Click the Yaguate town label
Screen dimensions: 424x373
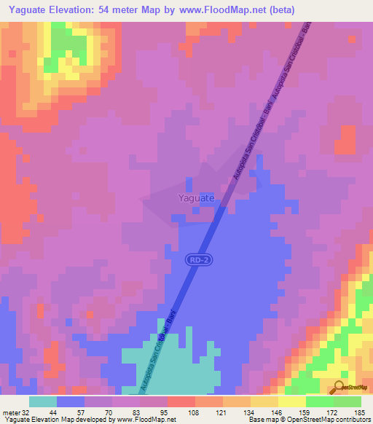tap(196, 197)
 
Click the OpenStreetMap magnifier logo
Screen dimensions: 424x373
tap(339, 387)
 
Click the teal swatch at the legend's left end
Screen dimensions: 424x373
tap(42, 402)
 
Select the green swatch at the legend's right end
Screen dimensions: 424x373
tap(347, 402)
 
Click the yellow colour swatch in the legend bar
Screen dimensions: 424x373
tap(291, 402)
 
